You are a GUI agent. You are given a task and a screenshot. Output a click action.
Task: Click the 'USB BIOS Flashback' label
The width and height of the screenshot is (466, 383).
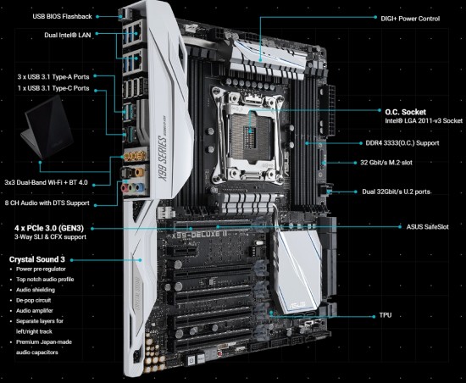(x=62, y=16)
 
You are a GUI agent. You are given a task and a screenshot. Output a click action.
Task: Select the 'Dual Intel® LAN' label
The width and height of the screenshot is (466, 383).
(x=68, y=35)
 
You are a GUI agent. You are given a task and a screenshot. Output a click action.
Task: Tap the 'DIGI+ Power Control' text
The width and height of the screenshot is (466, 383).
(x=410, y=19)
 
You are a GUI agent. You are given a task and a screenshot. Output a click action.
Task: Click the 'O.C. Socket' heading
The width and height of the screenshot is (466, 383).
(x=405, y=112)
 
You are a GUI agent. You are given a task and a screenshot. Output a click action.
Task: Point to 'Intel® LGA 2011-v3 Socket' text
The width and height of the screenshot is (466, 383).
(x=424, y=120)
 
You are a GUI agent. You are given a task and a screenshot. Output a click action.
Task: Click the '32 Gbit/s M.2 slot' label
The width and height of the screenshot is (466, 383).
(x=386, y=163)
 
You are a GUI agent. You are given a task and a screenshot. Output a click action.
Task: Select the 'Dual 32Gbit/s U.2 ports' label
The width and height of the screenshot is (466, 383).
(x=396, y=191)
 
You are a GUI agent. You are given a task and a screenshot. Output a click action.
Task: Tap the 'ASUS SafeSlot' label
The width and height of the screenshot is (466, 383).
(x=427, y=227)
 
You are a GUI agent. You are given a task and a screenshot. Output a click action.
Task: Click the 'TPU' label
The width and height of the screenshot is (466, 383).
(x=386, y=315)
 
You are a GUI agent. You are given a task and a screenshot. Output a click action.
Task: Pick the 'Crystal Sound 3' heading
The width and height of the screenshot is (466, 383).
(x=36, y=259)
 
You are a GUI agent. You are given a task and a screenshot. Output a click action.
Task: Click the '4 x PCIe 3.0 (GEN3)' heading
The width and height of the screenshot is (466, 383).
(x=49, y=228)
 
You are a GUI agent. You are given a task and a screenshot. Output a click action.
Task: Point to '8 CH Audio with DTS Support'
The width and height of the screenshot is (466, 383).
(x=47, y=203)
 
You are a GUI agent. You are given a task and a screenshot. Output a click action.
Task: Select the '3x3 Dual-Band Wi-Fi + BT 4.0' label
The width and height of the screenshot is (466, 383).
(x=46, y=182)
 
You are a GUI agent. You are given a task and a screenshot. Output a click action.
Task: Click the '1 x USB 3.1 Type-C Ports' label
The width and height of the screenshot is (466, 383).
(x=53, y=88)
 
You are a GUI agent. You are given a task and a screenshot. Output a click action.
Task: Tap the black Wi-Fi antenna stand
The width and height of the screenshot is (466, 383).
(x=48, y=128)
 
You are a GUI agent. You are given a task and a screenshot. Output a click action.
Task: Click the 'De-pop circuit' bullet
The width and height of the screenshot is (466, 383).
(x=33, y=301)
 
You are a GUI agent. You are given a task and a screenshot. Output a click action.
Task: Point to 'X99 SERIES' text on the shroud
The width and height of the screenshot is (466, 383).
(x=163, y=158)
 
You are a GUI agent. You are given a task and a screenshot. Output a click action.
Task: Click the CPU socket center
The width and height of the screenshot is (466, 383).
(x=250, y=130)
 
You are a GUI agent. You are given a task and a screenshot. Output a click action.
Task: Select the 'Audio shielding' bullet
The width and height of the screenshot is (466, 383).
(x=36, y=290)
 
